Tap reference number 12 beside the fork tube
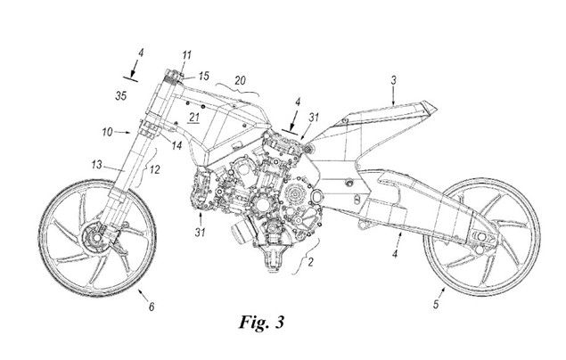point(155,170)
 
